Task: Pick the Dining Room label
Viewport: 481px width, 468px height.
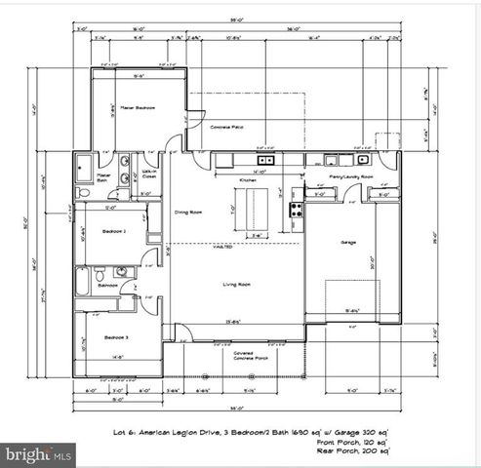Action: point(188,212)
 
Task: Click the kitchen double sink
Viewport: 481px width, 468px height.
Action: point(264,160)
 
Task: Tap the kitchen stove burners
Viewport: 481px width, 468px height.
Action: point(293,208)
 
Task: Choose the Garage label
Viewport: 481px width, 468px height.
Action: point(347,241)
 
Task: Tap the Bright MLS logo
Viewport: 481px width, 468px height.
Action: point(39,454)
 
